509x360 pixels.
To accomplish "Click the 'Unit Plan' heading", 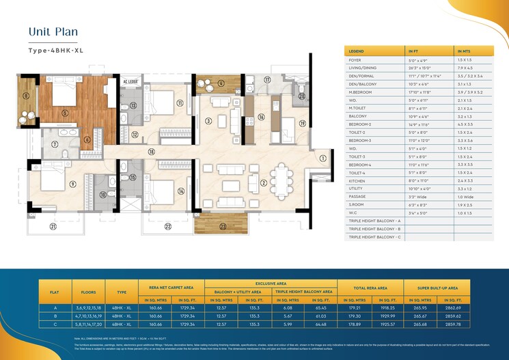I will point(53,31).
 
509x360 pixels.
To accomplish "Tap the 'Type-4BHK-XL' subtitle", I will point(55,51).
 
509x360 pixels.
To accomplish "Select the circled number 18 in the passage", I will point(151,152).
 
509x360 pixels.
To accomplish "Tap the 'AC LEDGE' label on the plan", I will point(130,82).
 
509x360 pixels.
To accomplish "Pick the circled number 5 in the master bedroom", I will point(64,113).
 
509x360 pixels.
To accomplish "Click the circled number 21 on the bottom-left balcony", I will point(53,226).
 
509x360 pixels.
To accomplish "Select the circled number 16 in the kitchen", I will point(261,117).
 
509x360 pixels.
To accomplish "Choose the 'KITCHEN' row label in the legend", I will point(359,180).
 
